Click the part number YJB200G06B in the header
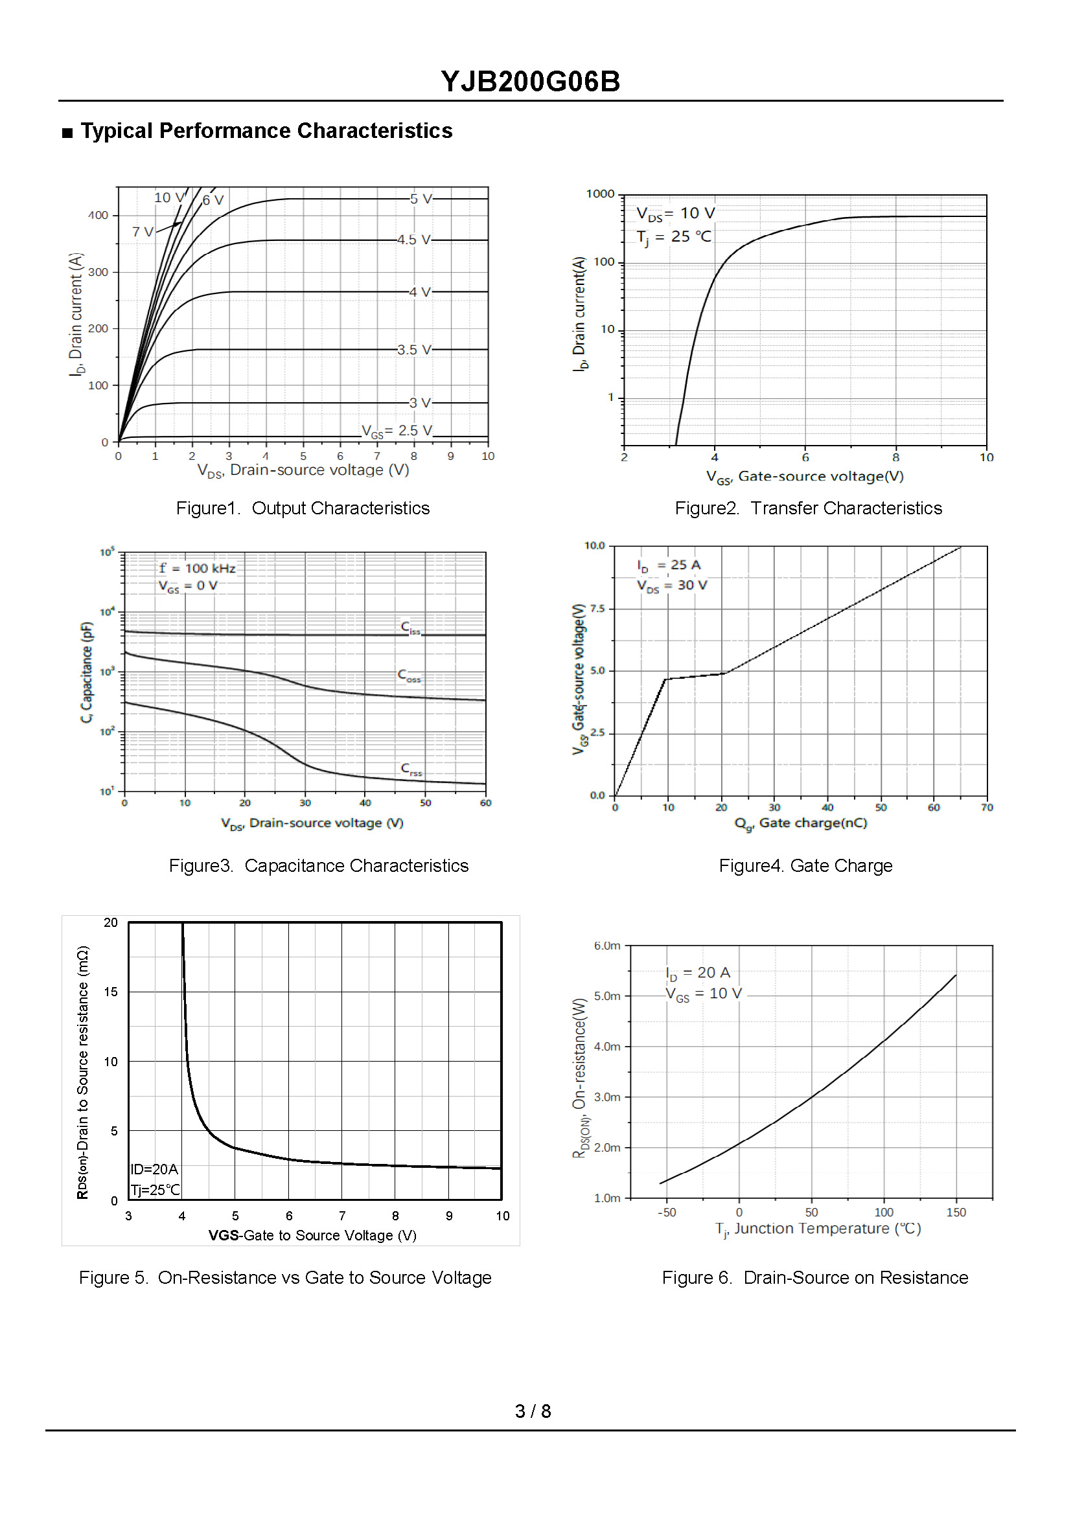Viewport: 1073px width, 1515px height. [530, 82]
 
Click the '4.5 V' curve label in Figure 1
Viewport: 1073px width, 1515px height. [413, 240]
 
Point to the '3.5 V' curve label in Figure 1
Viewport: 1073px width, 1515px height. [413, 349]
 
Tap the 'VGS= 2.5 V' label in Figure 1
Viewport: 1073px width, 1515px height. [397, 431]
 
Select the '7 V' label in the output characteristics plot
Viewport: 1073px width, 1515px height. [143, 232]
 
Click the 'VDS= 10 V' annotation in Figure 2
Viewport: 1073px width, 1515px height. [675, 213]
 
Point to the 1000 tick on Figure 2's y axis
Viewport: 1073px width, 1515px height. [600, 194]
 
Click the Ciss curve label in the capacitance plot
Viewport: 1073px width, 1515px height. [410, 627]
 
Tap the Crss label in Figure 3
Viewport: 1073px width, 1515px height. [411, 769]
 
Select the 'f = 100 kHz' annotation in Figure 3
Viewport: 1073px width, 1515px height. [197, 568]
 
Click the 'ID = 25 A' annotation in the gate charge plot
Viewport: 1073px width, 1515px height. [669, 565]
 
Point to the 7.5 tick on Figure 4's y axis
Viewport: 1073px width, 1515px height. [597, 608]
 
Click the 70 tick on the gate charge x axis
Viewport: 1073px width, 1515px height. [986, 808]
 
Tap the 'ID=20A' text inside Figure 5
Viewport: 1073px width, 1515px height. [154, 1170]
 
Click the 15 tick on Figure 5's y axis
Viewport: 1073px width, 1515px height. [111, 992]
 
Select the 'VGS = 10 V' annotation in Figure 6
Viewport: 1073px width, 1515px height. [703, 994]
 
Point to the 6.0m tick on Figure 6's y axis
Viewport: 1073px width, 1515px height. [606, 946]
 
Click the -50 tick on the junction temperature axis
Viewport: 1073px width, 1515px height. [667, 1213]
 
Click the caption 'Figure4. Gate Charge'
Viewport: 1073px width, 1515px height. [805, 866]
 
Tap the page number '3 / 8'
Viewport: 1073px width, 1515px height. [533, 1411]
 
